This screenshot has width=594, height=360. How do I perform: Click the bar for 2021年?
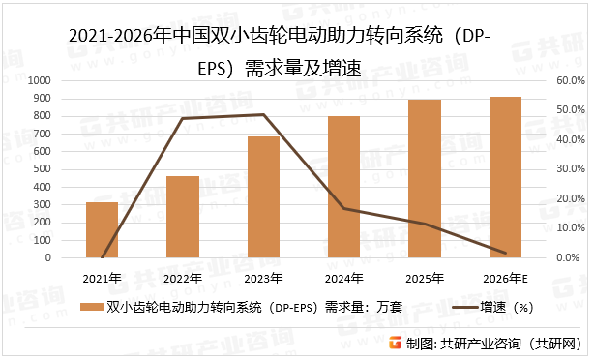click(102, 230)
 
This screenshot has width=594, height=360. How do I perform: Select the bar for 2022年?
click(183, 217)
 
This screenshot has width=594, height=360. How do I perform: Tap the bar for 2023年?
click(263, 197)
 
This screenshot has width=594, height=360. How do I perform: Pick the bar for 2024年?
click(343, 187)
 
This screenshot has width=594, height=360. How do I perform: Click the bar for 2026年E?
click(505, 177)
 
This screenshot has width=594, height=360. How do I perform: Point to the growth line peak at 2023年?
click(263, 114)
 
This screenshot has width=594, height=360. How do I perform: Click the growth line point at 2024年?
click(343, 208)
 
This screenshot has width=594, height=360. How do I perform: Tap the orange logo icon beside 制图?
click(396, 343)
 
